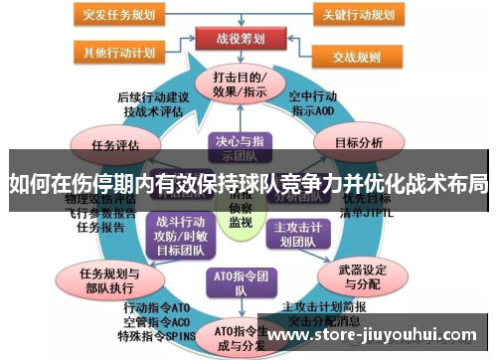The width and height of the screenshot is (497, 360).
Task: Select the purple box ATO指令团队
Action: point(239,284)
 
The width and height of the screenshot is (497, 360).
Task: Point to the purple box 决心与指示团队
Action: point(239,145)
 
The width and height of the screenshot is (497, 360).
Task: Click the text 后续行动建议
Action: point(152,96)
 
